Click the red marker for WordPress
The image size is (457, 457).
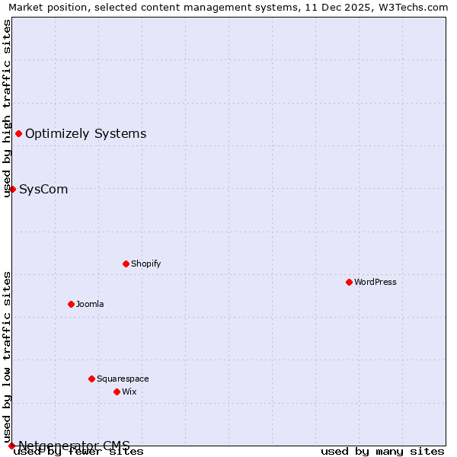[x=349, y=282]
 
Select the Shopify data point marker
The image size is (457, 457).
[x=126, y=264]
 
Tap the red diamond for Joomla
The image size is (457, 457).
[x=71, y=304]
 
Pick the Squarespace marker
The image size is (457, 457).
[x=91, y=379]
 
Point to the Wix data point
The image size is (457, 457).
[x=117, y=391]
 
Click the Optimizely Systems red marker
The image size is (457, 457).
[x=18, y=134]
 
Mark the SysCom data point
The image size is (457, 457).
[x=12, y=189]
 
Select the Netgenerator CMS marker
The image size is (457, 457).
[x=11, y=446]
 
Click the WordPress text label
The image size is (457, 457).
[x=376, y=282]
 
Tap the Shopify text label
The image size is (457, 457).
[x=145, y=264]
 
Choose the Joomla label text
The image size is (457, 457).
[x=90, y=304]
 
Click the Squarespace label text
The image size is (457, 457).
[x=123, y=379]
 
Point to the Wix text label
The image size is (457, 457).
[x=129, y=391]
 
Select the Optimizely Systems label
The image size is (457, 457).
[x=85, y=134]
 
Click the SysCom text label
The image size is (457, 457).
[x=43, y=189]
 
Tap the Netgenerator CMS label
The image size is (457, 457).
[x=74, y=446]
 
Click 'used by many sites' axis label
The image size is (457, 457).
[x=382, y=451]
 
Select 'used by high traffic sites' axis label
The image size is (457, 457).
[x=7, y=108]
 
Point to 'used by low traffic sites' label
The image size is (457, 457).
[x=7, y=356]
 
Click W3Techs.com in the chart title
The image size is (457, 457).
[x=418, y=7]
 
